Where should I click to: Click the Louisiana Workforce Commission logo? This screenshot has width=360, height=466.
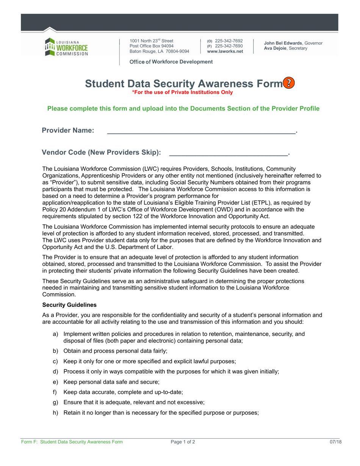click(x=66, y=47)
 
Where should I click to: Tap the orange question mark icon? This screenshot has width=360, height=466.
click(x=289, y=83)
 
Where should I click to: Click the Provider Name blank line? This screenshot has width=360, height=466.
click(x=201, y=131)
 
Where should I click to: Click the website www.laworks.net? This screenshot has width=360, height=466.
click(x=225, y=52)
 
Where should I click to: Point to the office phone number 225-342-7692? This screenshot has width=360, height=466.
click(x=229, y=41)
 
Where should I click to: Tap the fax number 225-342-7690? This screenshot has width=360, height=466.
click(x=229, y=46)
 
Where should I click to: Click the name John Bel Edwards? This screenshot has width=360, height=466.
click(x=283, y=43)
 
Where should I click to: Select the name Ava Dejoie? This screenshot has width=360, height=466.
click(x=275, y=48)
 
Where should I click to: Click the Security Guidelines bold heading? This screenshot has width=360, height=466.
click(x=69, y=305)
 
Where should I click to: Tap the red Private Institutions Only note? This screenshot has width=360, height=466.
click(x=182, y=92)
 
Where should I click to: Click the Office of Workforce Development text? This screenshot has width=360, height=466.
click(x=171, y=62)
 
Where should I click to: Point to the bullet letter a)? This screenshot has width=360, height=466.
click(x=56, y=334)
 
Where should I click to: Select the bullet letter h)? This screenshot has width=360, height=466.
click(x=56, y=413)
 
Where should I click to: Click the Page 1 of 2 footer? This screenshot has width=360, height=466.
click(x=183, y=442)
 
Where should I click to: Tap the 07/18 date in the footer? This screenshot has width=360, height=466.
click(x=335, y=442)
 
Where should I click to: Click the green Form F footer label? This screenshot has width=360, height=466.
click(x=72, y=442)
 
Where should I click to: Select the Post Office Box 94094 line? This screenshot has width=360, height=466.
click(x=152, y=46)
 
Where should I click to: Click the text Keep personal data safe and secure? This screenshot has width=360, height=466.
click(x=111, y=382)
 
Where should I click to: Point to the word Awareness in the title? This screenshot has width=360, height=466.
click(x=219, y=83)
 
